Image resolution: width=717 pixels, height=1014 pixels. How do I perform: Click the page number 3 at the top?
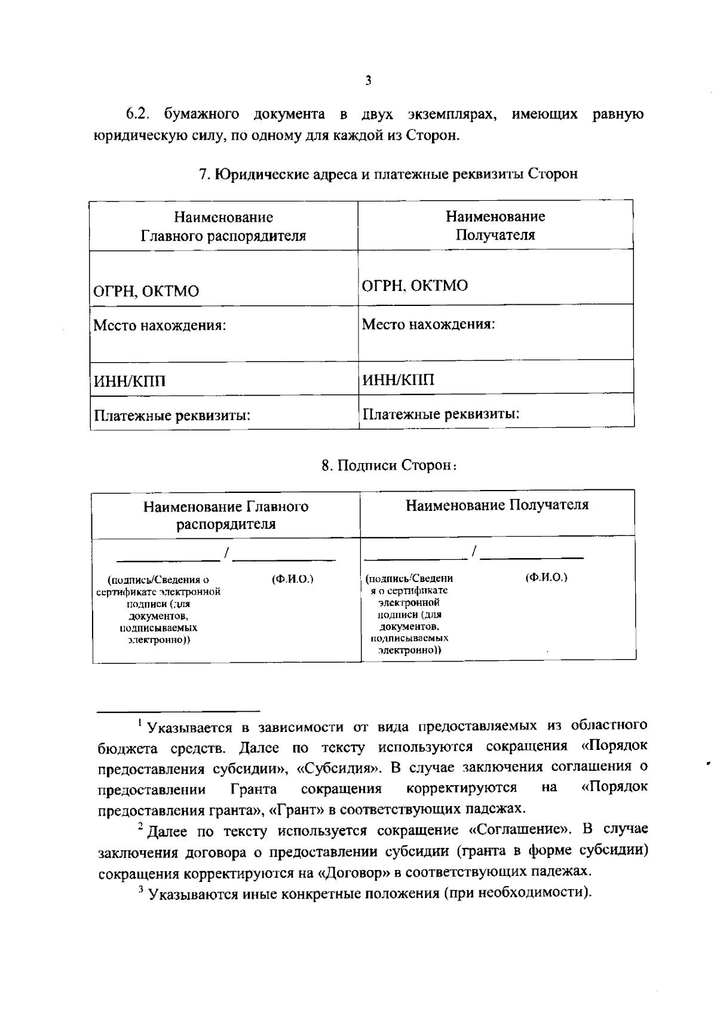coord(368,81)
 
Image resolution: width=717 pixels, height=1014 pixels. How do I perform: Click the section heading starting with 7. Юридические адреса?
coord(388,174)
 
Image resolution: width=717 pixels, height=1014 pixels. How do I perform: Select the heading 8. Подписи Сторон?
coord(388,465)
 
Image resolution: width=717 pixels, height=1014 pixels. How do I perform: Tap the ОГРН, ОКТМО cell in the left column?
coord(145,292)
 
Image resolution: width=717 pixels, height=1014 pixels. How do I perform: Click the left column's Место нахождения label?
coord(159,326)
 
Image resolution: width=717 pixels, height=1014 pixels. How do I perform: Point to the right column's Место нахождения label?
coord(428,324)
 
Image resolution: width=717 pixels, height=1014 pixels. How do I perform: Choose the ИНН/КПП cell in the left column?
coord(128,381)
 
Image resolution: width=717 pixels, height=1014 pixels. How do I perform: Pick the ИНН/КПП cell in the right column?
coord(399,379)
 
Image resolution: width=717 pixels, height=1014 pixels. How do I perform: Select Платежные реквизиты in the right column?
coord(440,413)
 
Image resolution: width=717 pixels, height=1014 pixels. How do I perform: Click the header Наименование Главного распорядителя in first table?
coord(223,226)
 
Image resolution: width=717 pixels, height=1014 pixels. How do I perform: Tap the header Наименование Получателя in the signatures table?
coord(497,506)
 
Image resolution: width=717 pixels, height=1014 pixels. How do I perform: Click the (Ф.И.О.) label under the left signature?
coord(293,579)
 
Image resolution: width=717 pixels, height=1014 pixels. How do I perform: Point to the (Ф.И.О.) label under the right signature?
coord(546,577)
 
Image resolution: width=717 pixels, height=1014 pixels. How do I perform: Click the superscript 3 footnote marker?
coord(141,890)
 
